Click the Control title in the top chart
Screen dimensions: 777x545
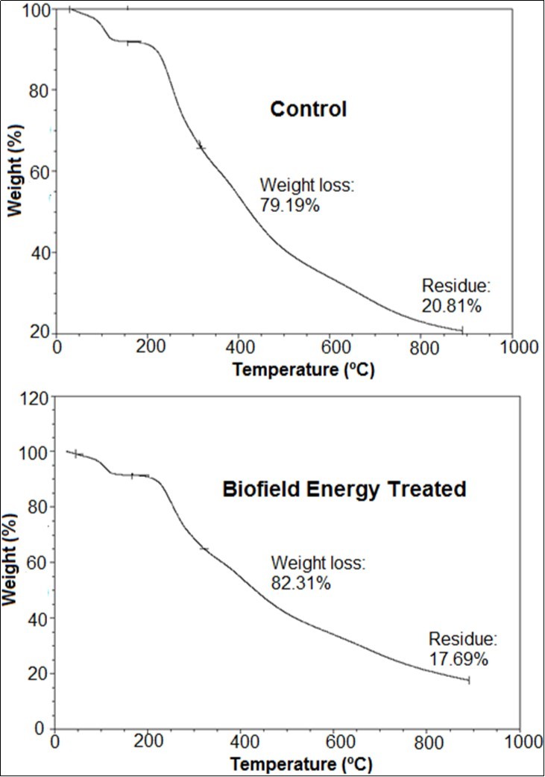click(308, 110)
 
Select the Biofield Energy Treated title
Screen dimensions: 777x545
click(344, 490)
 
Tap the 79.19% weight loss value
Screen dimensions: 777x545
click(289, 205)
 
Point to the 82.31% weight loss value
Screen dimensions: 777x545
click(300, 584)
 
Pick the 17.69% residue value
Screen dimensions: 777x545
click(459, 659)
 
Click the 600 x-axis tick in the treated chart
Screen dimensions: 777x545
click(333, 743)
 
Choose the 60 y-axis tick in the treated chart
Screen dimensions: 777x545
click(39, 563)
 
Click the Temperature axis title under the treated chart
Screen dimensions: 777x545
click(300, 764)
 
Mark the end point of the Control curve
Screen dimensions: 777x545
click(462, 329)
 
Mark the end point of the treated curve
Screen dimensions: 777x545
click(468, 680)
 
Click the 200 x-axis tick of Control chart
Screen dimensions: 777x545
click(148, 348)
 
